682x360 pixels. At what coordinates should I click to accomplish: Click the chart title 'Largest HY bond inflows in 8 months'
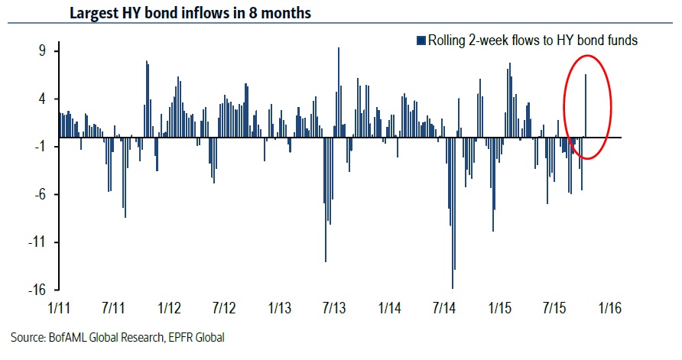point(190,13)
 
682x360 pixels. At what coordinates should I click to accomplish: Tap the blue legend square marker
point(419,41)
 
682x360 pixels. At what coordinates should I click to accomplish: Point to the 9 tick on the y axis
point(44,51)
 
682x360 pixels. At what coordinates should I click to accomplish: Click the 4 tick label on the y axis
point(44,99)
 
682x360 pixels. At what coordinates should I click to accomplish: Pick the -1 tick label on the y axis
point(41,147)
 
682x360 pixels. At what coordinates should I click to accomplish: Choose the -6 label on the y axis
point(41,195)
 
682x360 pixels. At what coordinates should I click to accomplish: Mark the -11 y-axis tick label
point(39,242)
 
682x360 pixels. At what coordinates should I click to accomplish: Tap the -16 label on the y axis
point(39,290)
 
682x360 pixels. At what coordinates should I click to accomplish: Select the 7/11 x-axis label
point(113,309)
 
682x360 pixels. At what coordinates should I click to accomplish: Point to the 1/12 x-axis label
point(168,309)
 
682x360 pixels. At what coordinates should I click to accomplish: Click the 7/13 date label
point(334,309)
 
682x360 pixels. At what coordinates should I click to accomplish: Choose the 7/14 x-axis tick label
point(445,309)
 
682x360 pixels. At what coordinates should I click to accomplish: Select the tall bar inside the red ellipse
point(586,105)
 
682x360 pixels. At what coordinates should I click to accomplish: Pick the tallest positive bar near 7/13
point(339,92)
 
